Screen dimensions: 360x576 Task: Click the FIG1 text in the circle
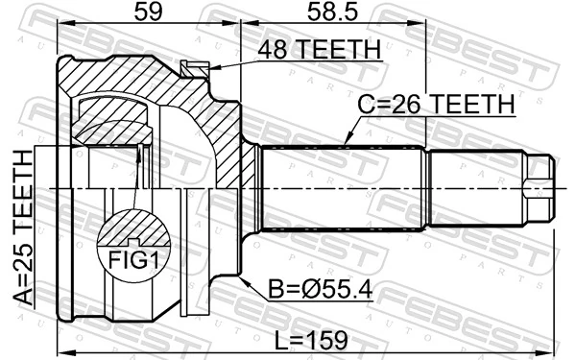click(x=128, y=259)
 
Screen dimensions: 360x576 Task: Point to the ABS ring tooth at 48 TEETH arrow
click(x=195, y=68)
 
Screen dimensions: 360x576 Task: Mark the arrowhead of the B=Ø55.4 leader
click(x=246, y=276)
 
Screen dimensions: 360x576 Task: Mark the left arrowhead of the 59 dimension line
click(x=61, y=27)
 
